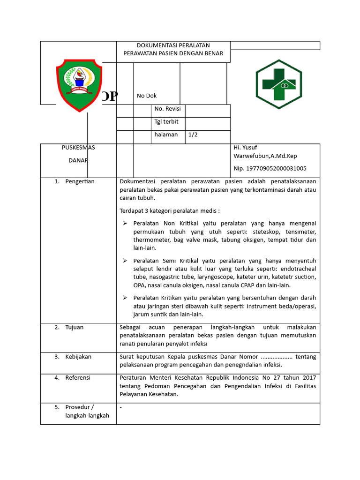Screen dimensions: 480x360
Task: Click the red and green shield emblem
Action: pos(79,85)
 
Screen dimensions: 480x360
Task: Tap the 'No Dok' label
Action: pos(146,96)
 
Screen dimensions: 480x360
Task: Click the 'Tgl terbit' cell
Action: pos(166,121)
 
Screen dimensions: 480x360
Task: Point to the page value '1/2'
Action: pos(193,135)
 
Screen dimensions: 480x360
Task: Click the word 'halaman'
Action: pos(166,135)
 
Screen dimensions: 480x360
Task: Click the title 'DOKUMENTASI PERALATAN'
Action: pos(173,45)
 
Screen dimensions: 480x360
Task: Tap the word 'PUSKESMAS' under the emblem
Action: pos(78,147)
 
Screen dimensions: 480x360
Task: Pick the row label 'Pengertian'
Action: pos(80,181)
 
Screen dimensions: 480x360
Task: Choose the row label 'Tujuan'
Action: pos(74,327)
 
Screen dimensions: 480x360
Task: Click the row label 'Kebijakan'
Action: pos(78,357)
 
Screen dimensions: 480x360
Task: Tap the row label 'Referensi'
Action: pos(78,377)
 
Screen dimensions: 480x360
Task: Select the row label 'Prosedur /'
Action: pos(80,407)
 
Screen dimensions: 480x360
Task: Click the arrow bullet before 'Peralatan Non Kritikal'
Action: pos(125,223)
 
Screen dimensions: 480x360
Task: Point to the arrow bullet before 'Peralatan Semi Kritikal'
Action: pos(125,261)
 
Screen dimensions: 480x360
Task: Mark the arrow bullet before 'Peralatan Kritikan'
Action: pos(125,298)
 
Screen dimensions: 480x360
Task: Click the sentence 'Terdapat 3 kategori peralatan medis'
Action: pos(169,210)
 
